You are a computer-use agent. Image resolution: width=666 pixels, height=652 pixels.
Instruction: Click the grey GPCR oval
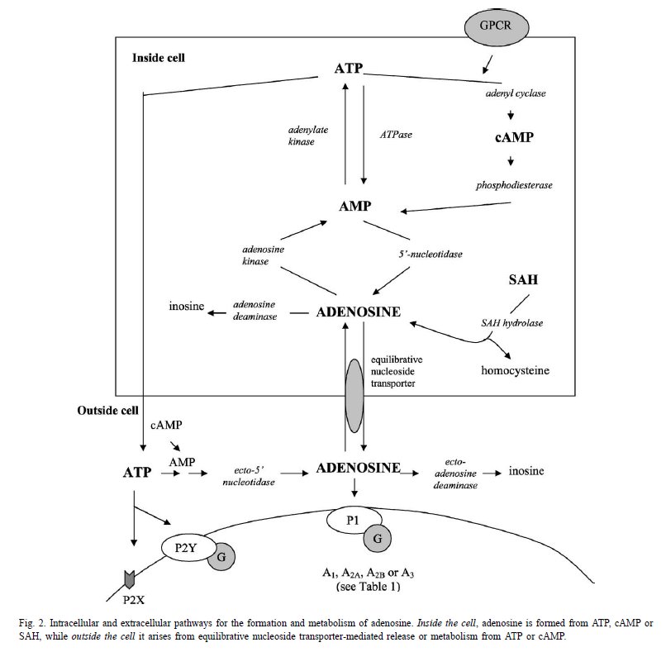coord(496,26)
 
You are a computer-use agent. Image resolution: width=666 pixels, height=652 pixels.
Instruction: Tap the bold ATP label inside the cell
coord(349,69)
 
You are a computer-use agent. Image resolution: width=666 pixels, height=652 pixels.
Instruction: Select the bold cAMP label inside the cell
coord(514,137)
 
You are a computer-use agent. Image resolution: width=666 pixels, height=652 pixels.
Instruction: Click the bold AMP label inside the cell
coord(355,206)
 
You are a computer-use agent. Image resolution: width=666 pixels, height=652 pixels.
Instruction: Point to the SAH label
coord(523,279)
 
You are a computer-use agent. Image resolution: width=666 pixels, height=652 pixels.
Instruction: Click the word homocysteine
coord(515,370)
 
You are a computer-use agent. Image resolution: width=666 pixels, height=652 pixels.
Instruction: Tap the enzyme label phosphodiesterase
coord(514,185)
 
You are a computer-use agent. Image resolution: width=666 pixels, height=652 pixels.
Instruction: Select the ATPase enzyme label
coord(396,135)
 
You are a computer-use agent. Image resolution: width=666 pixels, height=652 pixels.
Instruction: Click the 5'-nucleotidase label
coord(431,254)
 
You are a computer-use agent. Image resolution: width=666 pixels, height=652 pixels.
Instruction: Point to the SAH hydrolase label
coord(511,323)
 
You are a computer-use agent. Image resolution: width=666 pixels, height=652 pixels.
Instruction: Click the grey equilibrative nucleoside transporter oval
coord(354,396)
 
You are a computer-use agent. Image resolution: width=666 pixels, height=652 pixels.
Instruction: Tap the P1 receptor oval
coord(354,521)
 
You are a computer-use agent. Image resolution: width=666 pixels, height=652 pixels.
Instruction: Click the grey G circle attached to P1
coord(377,539)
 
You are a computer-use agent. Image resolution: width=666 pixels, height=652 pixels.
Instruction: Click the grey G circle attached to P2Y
coord(221,556)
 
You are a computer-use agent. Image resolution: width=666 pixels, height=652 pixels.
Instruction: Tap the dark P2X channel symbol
coord(129,580)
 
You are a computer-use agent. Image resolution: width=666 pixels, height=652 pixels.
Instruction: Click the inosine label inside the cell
coord(187,306)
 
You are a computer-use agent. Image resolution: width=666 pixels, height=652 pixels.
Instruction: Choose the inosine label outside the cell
coord(526,471)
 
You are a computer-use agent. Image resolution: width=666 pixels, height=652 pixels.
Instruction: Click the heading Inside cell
coord(159,58)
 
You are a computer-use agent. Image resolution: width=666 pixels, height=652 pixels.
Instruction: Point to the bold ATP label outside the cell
coord(137,473)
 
